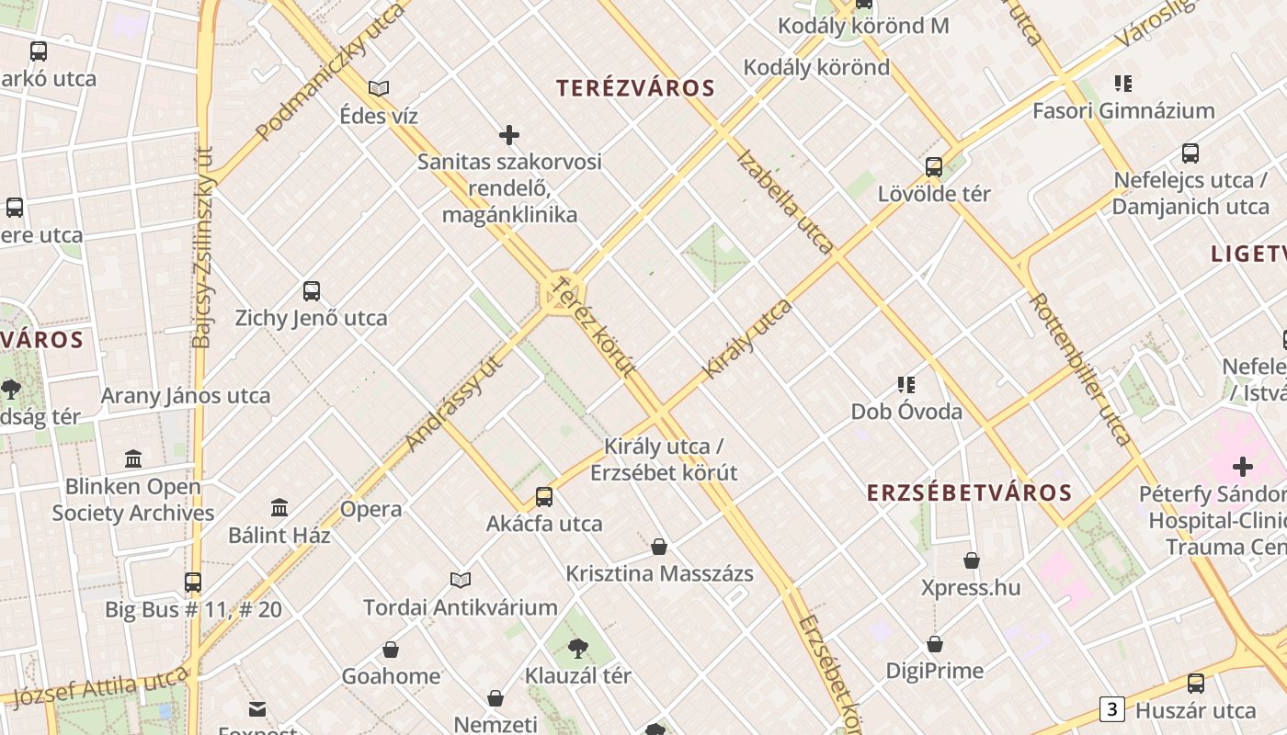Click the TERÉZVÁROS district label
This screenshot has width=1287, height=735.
click(x=635, y=88)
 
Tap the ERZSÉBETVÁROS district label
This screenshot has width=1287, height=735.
click(x=969, y=492)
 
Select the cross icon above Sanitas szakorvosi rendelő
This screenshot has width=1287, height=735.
click(x=509, y=136)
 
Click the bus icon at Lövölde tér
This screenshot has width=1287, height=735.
click(x=934, y=167)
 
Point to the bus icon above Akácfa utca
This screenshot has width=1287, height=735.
click(x=544, y=497)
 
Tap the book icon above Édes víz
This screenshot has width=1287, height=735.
click(x=379, y=89)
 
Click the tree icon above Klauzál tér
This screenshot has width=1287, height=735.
click(x=577, y=649)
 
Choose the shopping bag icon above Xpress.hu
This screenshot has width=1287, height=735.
click(x=971, y=560)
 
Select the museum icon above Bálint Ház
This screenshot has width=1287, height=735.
click(x=279, y=507)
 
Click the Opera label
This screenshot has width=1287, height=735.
click(x=370, y=509)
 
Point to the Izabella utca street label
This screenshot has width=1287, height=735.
click(x=784, y=201)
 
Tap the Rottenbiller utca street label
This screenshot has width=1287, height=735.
click(x=1078, y=368)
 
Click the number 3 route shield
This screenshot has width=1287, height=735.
click(x=1112, y=709)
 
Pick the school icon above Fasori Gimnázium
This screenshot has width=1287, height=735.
click(x=1122, y=85)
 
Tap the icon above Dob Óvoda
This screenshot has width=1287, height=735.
click(x=906, y=384)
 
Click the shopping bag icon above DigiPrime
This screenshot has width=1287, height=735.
click(x=935, y=644)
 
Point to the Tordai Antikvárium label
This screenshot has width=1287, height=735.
click(x=460, y=607)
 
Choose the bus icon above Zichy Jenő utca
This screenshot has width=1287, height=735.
click(x=312, y=291)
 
